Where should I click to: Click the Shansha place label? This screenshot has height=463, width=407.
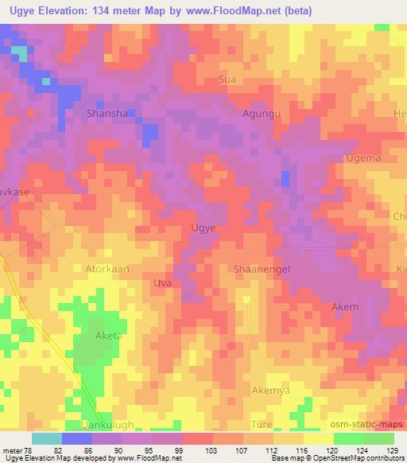click(x=107, y=114)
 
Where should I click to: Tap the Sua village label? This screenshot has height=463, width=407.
click(x=227, y=80)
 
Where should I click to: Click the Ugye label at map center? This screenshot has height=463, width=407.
click(x=204, y=228)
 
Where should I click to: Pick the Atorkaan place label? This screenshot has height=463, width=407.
click(x=107, y=269)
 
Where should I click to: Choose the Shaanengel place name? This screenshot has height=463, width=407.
click(x=262, y=269)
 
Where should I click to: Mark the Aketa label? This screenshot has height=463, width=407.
click(x=109, y=336)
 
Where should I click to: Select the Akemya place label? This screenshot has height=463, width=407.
click(x=270, y=391)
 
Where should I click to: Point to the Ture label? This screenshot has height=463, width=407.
click(x=262, y=426)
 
